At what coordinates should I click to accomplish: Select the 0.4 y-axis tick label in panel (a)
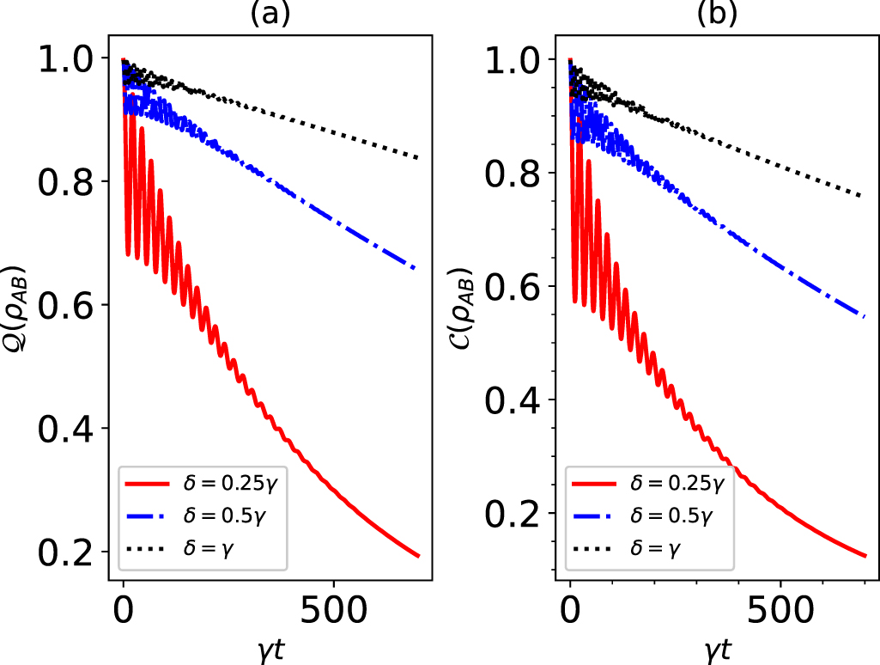point(65,428)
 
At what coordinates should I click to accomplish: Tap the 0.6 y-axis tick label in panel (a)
point(65,305)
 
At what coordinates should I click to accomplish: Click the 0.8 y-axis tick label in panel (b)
point(512,173)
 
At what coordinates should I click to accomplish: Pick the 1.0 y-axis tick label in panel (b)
point(512,59)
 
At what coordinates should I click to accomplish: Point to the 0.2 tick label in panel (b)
point(512,513)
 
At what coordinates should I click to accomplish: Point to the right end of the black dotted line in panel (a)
point(418,158)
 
